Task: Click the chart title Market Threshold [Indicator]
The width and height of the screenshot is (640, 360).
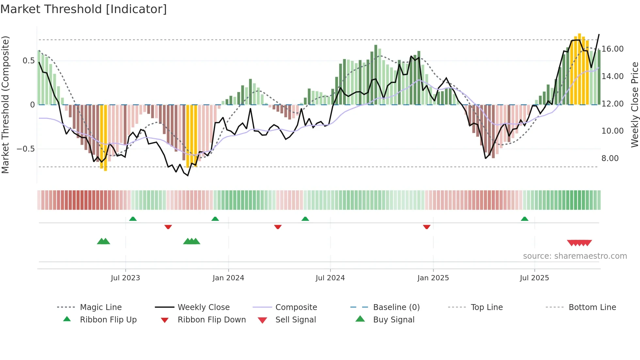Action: pyautogui.click(x=84, y=9)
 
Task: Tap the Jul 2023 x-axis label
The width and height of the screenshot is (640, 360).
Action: pyautogui.click(x=125, y=278)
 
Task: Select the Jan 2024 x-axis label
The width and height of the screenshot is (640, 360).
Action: pyautogui.click(x=228, y=278)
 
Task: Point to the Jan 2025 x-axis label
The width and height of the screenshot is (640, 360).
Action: pyautogui.click(x=433, y=278)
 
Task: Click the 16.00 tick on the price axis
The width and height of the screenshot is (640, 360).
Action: pyautogui.click(x=613, y=49)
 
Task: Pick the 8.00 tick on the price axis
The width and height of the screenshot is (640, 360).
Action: pyautogui.click(x=610, y=158)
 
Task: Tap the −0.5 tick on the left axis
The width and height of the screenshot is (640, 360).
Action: pyautogui.click(x=25, y=149)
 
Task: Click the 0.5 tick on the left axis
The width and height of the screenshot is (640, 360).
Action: pyautogui.click(x=28, y=61)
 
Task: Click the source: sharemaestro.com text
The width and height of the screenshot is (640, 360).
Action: pyautogui.click(x=575, y=256)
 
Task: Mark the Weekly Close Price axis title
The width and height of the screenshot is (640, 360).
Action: pyautogui.click(x=634, y=105)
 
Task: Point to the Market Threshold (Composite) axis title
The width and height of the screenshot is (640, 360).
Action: pyautogui.click(x=5, y=105)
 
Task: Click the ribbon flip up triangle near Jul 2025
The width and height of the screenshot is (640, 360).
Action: pyautogui.click(x=524, y=219)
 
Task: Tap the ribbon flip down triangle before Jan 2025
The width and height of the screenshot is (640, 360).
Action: pyautogui.click(x=426, y=227)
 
